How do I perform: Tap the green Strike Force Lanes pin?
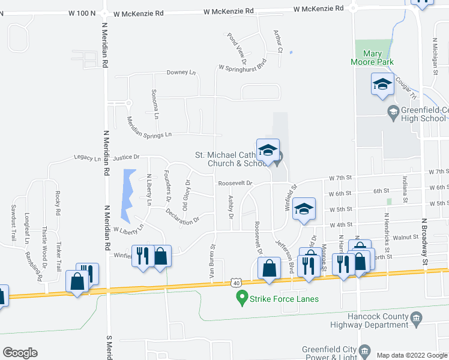[242, 296]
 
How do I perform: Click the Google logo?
[20, 353]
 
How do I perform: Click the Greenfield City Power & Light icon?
[364, 350]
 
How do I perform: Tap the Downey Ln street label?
[181, 73]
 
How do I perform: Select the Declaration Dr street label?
[182, 216]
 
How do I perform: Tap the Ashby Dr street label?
[231, 206]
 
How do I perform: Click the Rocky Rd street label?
[58, 203]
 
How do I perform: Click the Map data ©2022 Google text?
[412, 355]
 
